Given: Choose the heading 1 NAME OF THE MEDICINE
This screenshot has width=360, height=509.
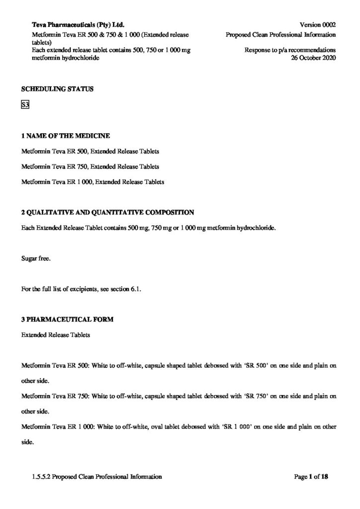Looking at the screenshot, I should tap(66, 136).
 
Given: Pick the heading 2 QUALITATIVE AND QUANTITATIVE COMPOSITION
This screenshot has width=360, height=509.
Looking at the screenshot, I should tap(107, 212).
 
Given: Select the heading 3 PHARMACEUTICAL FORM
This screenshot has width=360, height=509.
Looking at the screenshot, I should tap(67, 320).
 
